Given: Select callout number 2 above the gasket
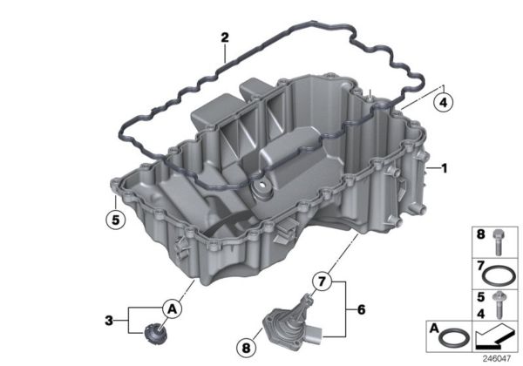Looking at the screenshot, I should pyautogui.click(x=225, y=37).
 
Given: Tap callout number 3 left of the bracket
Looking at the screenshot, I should pyautogui.click(x=108, y=320).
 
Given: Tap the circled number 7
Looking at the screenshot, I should pyautogui.click(x=322, y=281).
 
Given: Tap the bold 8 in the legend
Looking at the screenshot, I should pyautogui.click(x=479, y=235).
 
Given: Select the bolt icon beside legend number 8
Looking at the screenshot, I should pyautogui.click(x=500, y=241).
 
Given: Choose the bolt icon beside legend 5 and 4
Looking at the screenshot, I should pyautogui.click(x=500, y=307).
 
